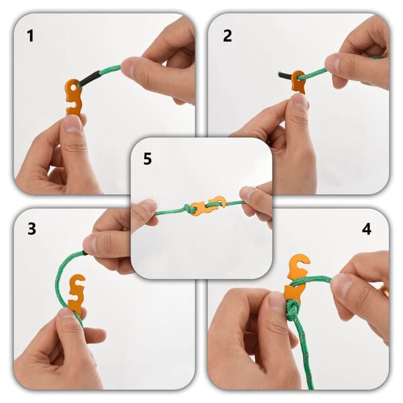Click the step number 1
coord(30,36)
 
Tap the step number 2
coord(227,36)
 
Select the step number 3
coord(31,228)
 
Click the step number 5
coord(147,159)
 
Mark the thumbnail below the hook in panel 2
coord(299,102)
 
